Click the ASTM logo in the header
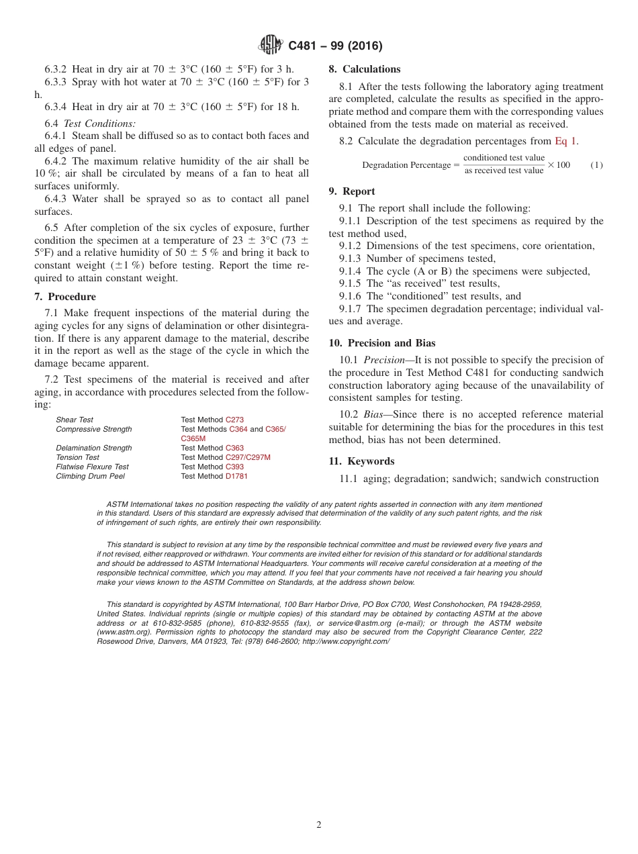click(271, 46)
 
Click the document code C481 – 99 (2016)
click(335, 46)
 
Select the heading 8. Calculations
click(365, 69)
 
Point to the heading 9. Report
click(352, 191)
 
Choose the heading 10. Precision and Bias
click(382, 343)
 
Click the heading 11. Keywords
click(361, 461)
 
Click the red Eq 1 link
click(565, 141)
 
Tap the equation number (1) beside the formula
click(596, 165)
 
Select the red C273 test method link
click(234, 420)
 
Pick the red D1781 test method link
click(236, 476)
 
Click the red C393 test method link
click(234, 467)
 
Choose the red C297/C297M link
click(248, 457)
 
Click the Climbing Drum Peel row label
click(90, 476)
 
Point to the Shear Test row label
click(75, 420)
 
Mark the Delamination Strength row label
click(94, 448)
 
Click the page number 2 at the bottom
click(319, 825)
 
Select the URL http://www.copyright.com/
click(346, 641)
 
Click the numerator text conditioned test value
click(504, 158)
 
